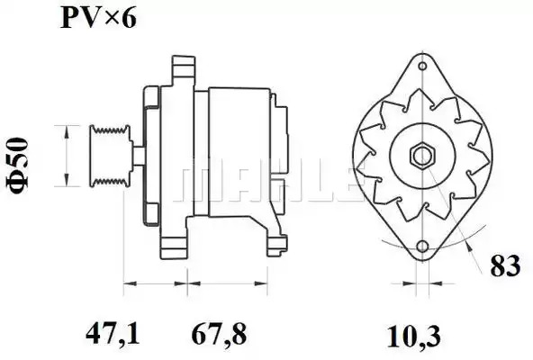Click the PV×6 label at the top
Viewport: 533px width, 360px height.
point(98,18)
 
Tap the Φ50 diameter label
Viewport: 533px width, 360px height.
point(16,166)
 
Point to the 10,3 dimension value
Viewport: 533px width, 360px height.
point(413,336)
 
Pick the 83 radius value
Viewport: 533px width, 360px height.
point(505,265)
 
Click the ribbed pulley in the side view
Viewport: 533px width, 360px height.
point(110,156)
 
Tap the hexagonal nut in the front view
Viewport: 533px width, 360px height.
point(422,156)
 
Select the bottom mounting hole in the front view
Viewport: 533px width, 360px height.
point(422,246)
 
